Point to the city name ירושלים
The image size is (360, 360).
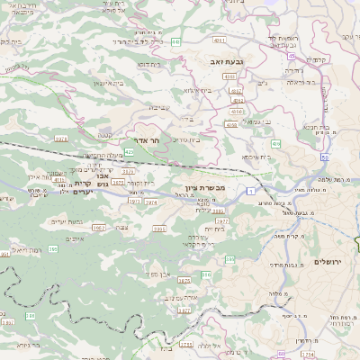(x=322, y=261)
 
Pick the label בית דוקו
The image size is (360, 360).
(x=149, y=66)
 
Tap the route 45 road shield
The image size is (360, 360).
(x=276, y=144)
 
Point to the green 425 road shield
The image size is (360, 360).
(x=129, y=152)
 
